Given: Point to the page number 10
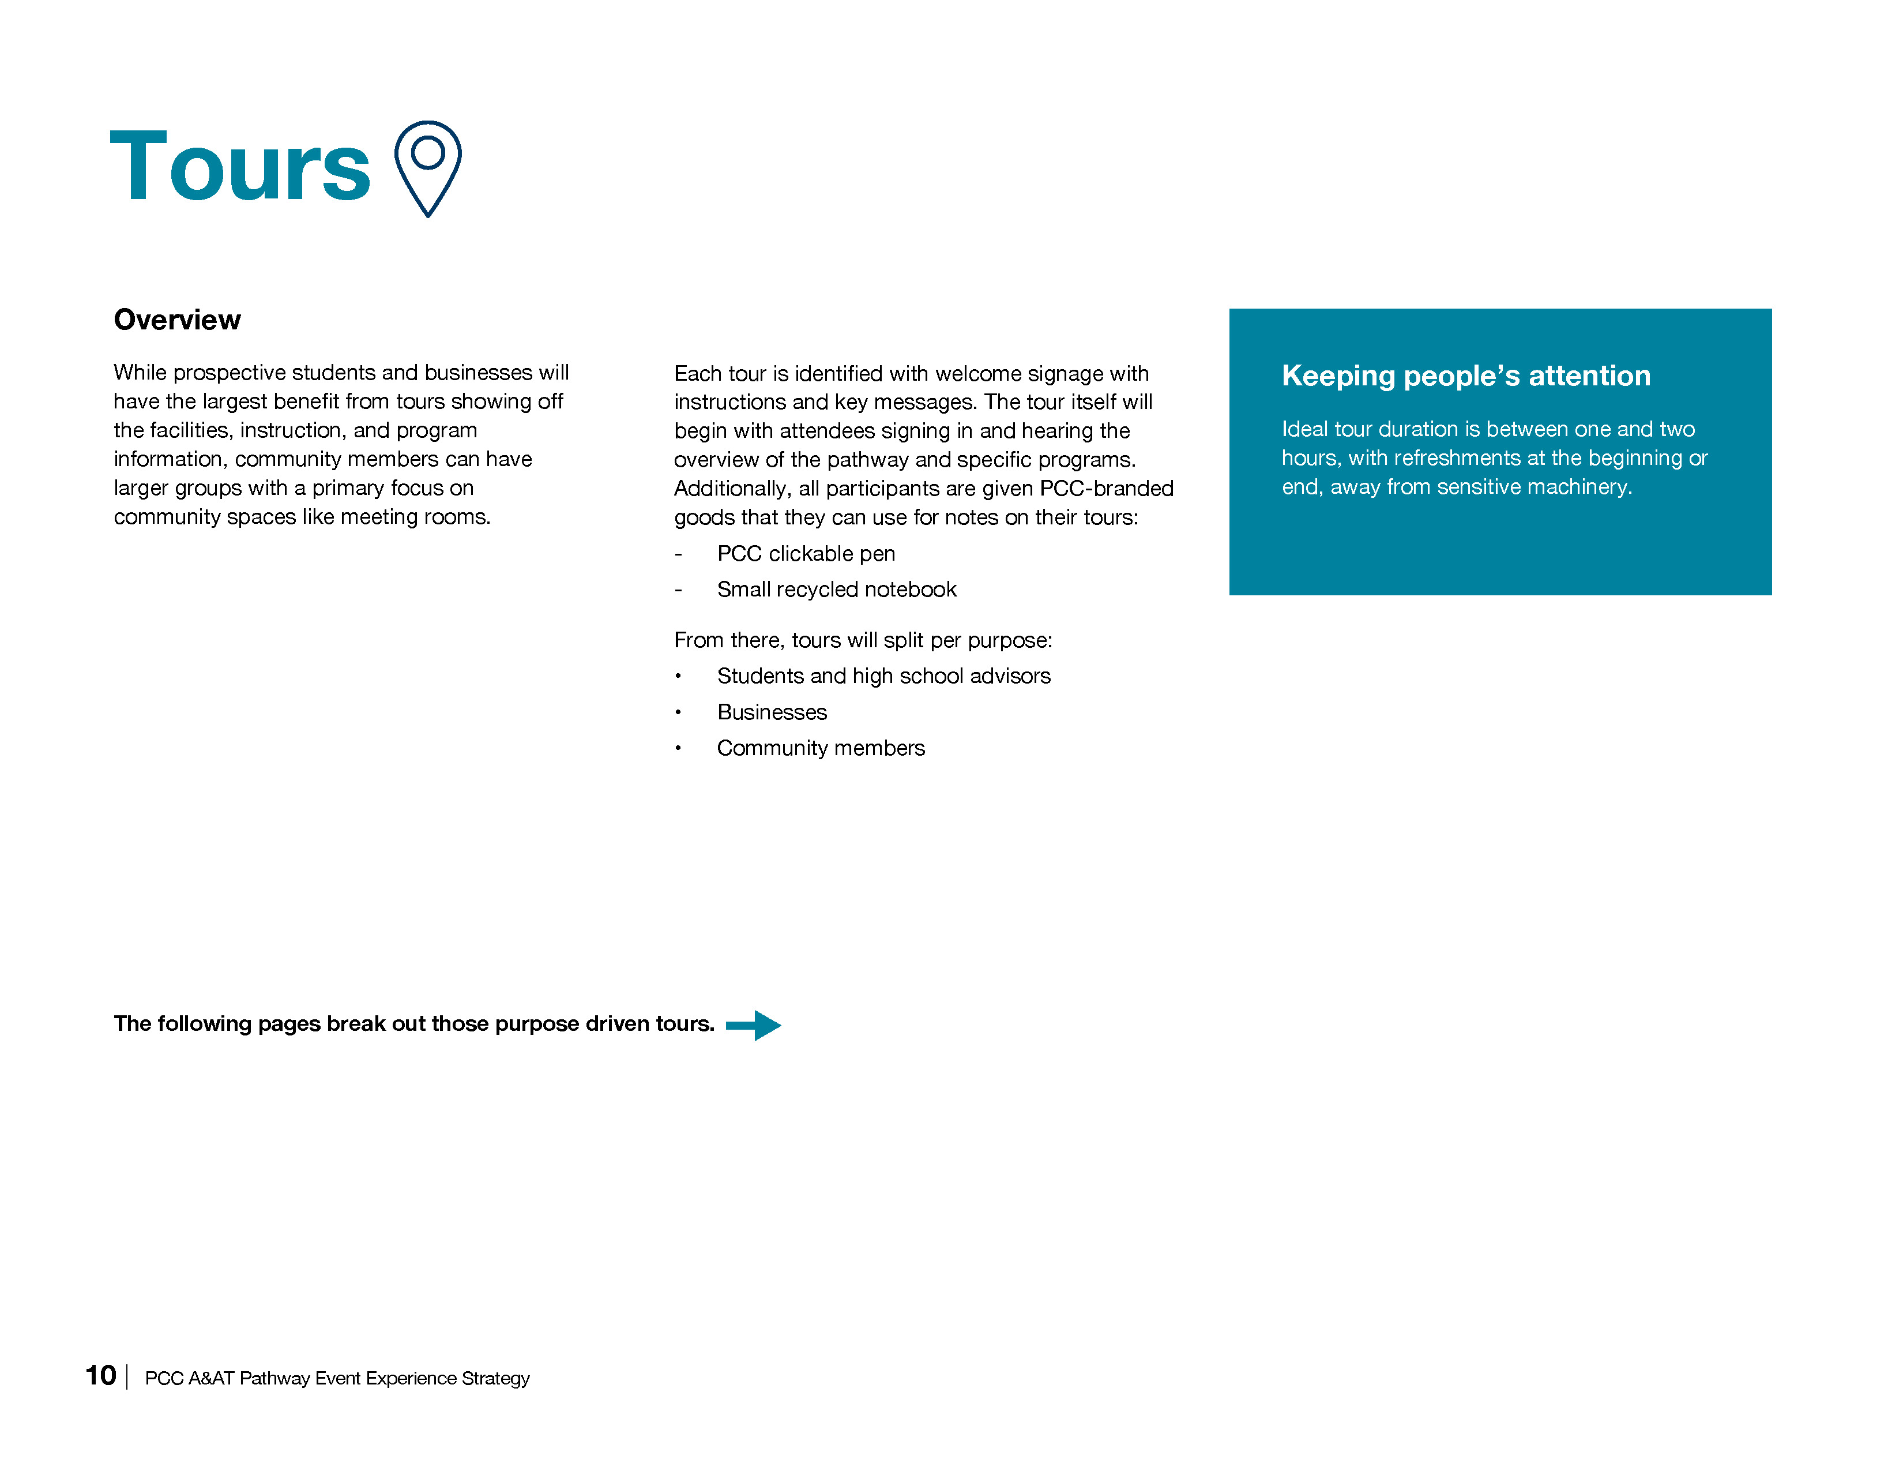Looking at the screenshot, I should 100,1376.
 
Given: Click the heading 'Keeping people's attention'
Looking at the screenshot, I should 1465,376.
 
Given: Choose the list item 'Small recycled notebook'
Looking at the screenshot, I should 837,590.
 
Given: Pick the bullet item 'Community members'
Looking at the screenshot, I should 821,749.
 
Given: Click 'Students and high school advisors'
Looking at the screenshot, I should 883,676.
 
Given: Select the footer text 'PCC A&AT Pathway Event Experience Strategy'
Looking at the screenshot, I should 337,1379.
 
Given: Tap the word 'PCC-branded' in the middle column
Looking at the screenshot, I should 1107,489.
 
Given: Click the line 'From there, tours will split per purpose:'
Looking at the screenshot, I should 863,640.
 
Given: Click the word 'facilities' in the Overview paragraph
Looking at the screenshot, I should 186,430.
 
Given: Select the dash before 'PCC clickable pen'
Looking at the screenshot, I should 678,554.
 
